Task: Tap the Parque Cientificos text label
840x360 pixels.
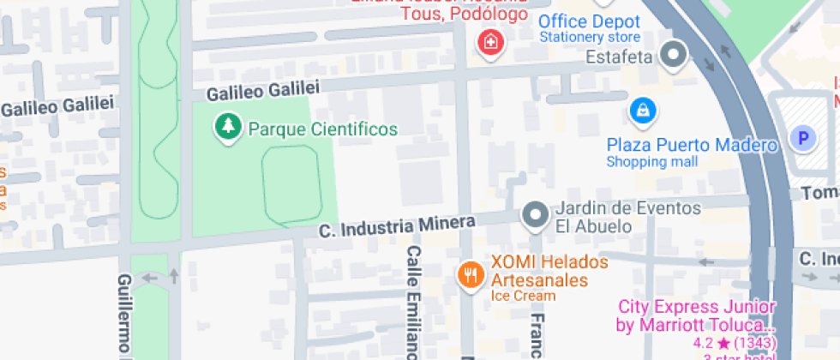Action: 323,129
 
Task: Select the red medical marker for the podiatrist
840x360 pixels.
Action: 489,42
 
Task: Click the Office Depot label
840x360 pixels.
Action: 589,21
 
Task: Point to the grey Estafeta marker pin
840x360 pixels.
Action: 675,57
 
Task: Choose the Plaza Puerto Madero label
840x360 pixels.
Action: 692,145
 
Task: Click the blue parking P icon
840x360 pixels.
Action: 803,137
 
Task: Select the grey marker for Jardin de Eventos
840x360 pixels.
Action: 536,215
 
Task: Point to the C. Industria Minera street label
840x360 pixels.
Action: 396,227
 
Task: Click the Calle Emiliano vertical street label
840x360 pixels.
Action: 413,302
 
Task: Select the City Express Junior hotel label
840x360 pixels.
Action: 696,316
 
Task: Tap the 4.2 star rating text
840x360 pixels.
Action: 734,343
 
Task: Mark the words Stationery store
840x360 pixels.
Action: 589,38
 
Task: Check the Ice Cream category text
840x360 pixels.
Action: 523,297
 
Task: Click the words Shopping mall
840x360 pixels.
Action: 652,162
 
